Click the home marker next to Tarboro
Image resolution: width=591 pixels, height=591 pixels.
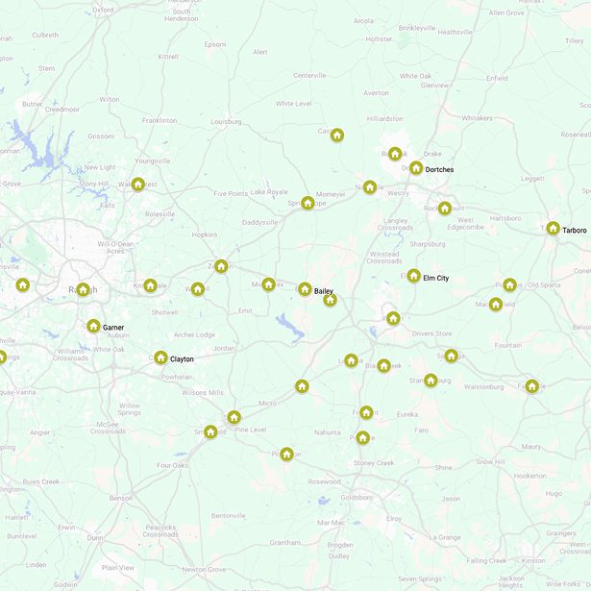(553, 229)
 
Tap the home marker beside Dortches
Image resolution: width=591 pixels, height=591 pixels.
(416, 168)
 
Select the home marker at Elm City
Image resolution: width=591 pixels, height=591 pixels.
(413, 276)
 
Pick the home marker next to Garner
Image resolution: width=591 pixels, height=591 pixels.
(93, 327)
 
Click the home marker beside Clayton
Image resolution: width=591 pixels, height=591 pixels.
(161, 357)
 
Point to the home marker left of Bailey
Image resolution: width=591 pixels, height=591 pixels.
(305, 289)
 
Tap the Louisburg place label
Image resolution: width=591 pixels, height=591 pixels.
(226, 122)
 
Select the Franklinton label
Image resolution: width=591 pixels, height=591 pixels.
(160, 121)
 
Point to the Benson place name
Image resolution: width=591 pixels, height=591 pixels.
(121, 498)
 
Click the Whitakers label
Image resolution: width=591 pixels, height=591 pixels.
(477, 118)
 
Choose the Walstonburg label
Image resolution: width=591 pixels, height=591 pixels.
(483, 387)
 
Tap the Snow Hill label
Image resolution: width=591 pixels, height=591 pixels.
(489, 462)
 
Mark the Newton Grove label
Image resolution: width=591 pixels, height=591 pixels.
(204, 570)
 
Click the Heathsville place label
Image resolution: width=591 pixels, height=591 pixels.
(455, 32)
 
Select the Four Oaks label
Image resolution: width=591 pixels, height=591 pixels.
(173, 466)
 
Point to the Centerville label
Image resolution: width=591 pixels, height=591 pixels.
(310, 75)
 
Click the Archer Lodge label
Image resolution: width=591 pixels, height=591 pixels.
(195, 334)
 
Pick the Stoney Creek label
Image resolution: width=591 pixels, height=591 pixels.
(374, 463)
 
